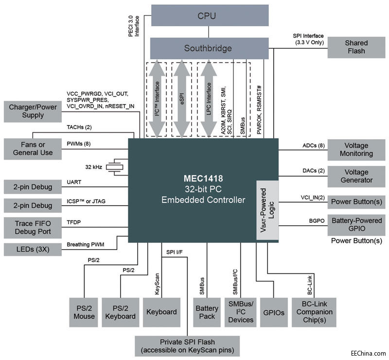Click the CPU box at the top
(210, 16)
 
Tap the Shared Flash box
(356, 47)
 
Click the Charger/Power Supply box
(33, 111)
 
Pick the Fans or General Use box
(33, 148)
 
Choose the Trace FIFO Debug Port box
(33, 226)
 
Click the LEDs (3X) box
(33, 250)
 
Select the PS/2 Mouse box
(84, 312)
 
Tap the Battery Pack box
(207, 312)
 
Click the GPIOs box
(272, 312)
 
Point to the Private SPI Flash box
(187, 346)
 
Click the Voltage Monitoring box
(356, 149)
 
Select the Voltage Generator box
(356, 176)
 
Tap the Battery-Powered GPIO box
(356, 224)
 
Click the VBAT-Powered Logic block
(267, 211)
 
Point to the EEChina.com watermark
(368, 353)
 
